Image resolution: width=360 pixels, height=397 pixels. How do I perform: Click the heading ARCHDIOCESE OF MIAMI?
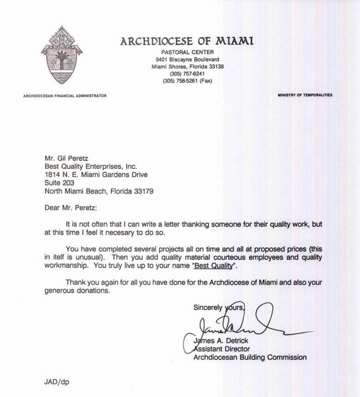pyautogui.click(x=187, y=42)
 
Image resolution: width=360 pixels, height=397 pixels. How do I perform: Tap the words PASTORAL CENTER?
pyautogui.click(x=187, y=52)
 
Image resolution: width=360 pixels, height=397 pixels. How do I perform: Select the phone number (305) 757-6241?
pyautogui.click(x=187, y=74)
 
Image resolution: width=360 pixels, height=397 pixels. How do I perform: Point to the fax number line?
pyautogui.click(x=187, y=81)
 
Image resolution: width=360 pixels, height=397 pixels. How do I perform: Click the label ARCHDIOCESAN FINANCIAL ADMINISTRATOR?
pyautogui.click(x=65, y=96)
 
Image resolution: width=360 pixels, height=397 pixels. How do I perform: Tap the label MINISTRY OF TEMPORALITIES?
pyautogui.click(x=305, y=95)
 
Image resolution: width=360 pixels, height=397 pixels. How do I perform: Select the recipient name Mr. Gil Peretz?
pyautogui.click(x=66, y=159)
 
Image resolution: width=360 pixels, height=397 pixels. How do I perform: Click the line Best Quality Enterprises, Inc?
pyautogui.click(x=91, y=167)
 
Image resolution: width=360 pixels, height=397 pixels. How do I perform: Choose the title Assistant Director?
pyautogui.click(x=221, y=349)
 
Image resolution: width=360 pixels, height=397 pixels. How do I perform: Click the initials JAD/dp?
pyautogui.click(x=56, y=382)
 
